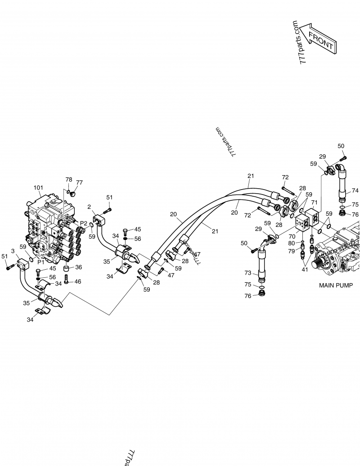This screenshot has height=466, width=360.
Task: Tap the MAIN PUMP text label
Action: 336,285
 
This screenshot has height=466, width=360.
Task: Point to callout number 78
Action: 68,179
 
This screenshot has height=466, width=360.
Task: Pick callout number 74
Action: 355,190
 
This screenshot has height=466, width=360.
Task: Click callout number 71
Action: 314,203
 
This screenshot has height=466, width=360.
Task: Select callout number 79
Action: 292,251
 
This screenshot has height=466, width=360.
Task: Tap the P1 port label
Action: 41,261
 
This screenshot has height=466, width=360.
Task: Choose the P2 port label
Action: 83,223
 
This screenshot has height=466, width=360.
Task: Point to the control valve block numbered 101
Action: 49,230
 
